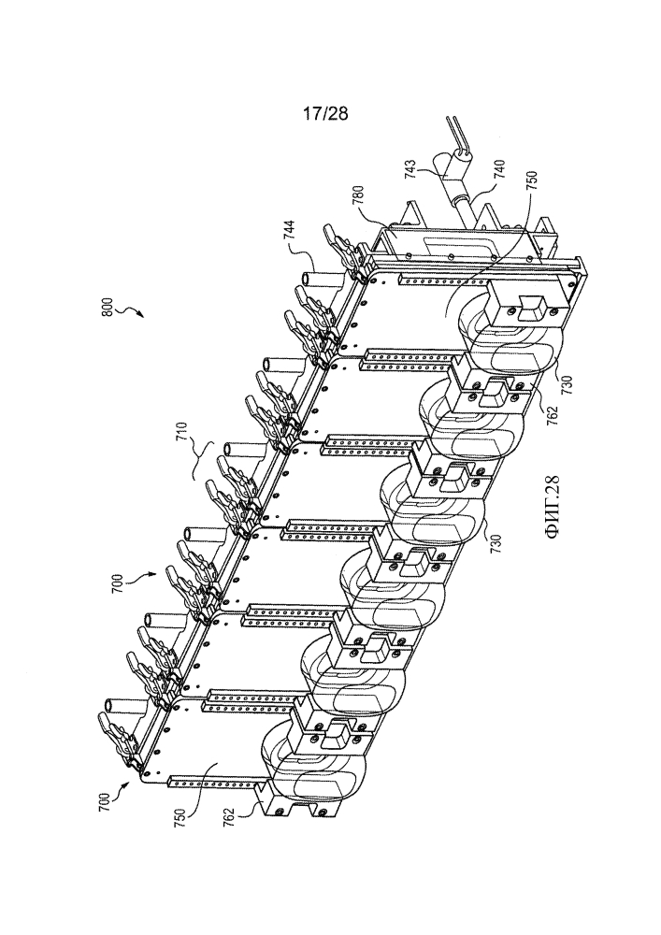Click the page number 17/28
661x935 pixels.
click(x=324, y=113)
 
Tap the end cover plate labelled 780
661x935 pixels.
click(x=453, y=251)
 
